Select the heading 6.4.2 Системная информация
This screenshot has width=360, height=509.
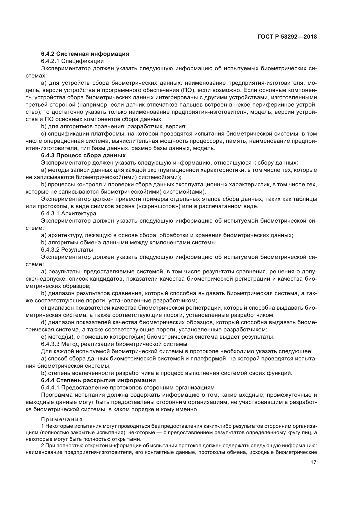(x=85, y=54)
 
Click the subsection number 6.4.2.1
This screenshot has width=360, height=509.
(x=50, y=61)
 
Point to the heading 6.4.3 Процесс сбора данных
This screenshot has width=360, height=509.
(x=83, y=155)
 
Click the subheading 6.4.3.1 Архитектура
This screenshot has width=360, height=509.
(x=69, y=213)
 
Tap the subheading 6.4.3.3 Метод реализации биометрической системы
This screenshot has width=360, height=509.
(x=114, y=344)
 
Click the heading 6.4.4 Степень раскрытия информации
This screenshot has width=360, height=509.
(x=98, y=380)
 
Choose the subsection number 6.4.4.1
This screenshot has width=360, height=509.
(x=50, y=387)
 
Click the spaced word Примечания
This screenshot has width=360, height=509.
(x=62, y=419)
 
